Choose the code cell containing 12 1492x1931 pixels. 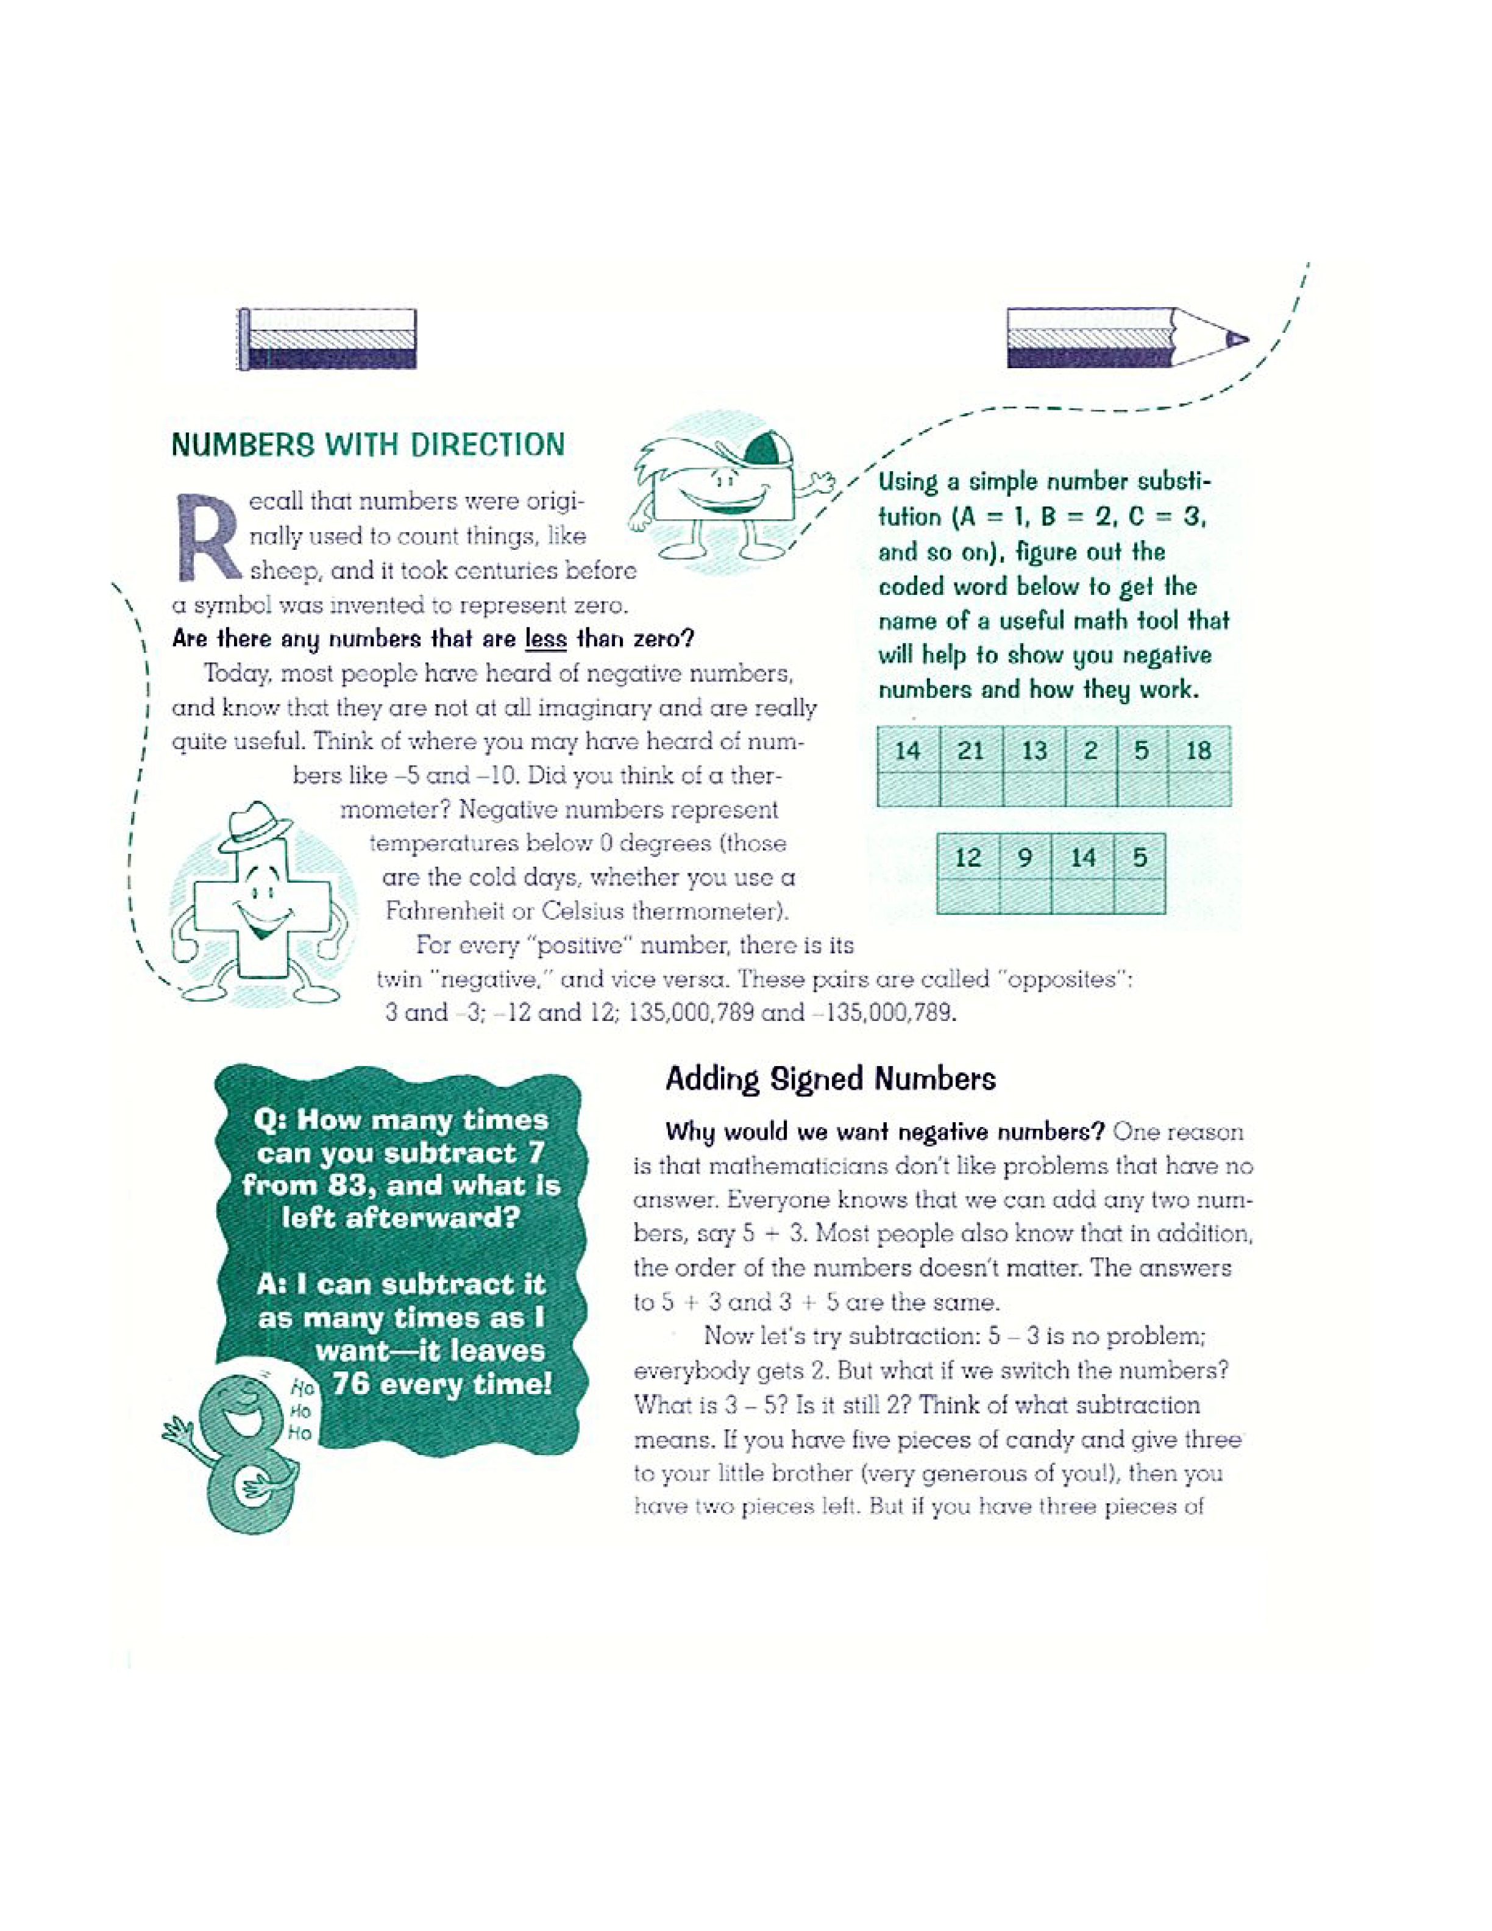click(968, 857)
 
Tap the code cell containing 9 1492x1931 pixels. click(1025, 857)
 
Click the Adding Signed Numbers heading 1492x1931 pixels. click(830, 1079)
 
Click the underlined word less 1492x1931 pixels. click(545, 638)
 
